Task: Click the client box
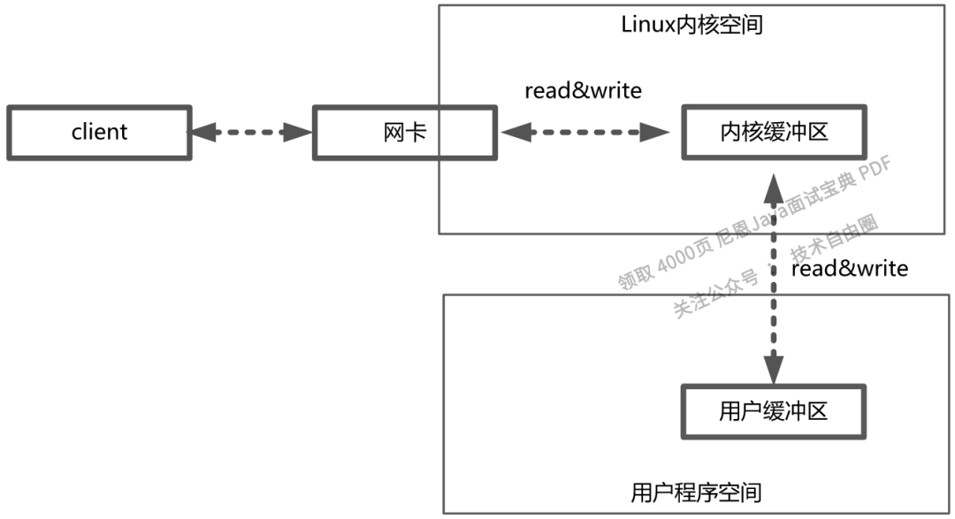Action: point(98,134)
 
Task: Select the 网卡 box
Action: point(404,134)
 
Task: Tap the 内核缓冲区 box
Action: point(774,134)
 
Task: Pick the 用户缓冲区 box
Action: point(774,411)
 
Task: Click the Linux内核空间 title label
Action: point(691,24)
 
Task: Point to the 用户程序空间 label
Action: point(697,492)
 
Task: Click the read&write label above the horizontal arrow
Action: point(583,90)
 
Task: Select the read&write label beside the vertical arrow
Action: point(849,268)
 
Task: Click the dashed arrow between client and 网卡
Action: point(252,134)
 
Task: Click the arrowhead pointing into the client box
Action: point(202,134)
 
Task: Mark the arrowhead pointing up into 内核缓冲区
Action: point(774,186)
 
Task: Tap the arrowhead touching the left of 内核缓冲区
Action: point(655,134)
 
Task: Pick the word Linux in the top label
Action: point(647,24)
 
